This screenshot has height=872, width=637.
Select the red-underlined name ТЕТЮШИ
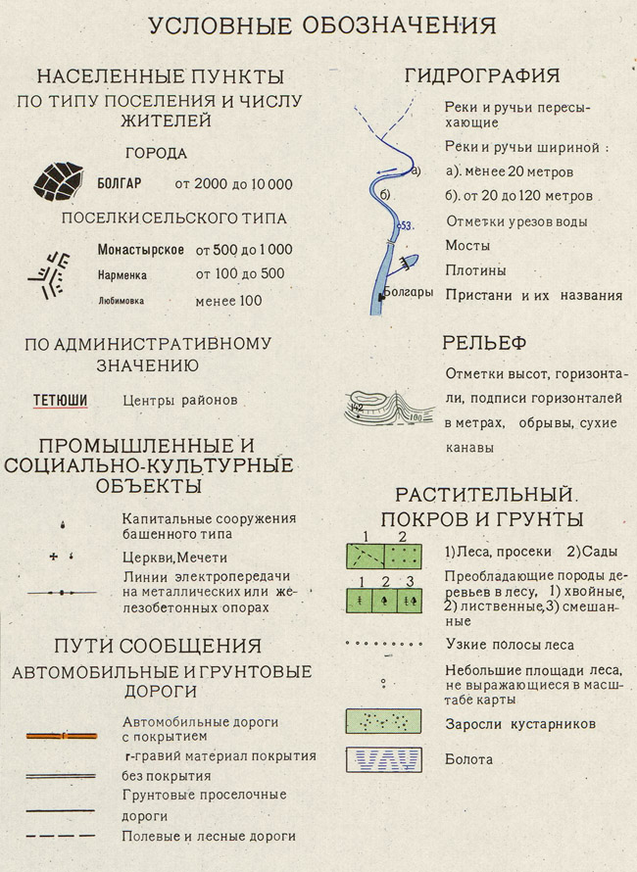click(61, 400)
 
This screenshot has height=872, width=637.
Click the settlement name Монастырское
click(142, 251)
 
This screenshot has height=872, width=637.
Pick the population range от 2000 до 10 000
click(233, 183)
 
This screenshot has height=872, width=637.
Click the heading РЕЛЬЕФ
click(484, 343)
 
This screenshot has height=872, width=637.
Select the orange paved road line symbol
click(61, 734)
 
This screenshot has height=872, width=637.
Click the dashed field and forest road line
click(61, 836)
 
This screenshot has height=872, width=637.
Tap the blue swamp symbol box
click(382, 758)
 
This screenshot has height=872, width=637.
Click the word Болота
click(468, 759)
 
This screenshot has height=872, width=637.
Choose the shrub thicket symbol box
click(382, 721)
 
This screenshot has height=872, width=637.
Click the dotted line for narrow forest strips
click(382, 646)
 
